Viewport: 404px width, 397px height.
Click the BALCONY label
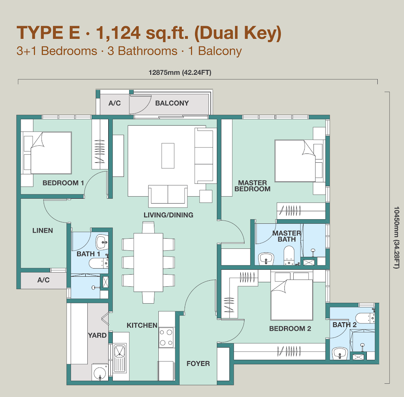(x=172, y=103)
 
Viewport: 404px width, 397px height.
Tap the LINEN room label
(x=42, y=230)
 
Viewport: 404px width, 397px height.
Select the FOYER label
(x=198, y=363)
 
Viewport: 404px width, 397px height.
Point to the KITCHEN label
(x=142, y=326)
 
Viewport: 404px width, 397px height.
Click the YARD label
(x=97, y=335)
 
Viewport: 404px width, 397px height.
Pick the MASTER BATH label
(x=287, y=236)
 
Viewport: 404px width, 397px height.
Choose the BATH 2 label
(x=345, y=325)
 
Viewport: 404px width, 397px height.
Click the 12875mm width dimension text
(x=180, y=73)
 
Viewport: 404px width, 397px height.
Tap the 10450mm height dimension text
(x=396, y=237)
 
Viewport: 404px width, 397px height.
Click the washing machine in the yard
(x=100, y=372)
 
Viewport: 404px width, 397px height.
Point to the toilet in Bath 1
(x=99, y=263)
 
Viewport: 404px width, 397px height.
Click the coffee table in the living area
(x=168, y=155)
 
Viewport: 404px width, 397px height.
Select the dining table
(x=148, y=262)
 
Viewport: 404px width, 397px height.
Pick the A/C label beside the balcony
(x=115, y=103)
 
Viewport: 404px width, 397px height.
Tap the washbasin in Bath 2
(x=340, y=353)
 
